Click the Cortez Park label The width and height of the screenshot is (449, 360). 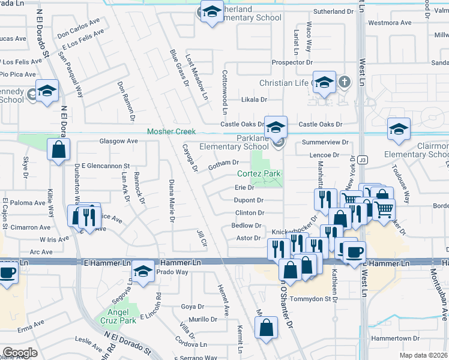pos(259,174)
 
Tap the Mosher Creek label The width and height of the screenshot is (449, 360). pos(172,131)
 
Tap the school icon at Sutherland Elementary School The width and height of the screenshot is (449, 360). pos(211,12)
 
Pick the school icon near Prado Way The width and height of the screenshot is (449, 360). pos(143,273)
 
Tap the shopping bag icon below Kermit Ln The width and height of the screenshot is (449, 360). pos(266,328)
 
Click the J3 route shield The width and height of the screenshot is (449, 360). pos(362,160)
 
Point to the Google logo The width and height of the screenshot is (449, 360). pos(20,353)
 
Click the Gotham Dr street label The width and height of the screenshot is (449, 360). pos(223,163)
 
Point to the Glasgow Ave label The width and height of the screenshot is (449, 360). pos(118,141)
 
